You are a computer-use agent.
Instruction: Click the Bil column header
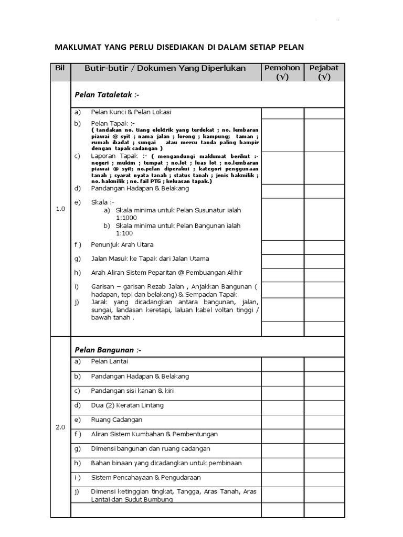coord(60,68)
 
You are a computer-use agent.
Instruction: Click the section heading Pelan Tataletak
coord(107,95)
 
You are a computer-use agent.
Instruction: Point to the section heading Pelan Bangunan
coord(108,350)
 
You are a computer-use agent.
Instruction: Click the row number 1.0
coord(60,209)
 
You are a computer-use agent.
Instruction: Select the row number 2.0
coord(60,427)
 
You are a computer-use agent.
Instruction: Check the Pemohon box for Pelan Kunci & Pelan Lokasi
coord(282,113)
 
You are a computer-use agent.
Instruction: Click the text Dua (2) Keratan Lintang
coord(127,405)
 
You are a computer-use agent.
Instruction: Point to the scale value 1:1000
coord(126,218)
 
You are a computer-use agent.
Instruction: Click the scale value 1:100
coord(124,233)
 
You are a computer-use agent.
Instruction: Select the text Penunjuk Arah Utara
coord(122,244)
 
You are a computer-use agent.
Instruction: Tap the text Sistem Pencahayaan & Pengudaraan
coord(146,478)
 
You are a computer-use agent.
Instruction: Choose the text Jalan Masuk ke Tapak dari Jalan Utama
coord(150,259)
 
